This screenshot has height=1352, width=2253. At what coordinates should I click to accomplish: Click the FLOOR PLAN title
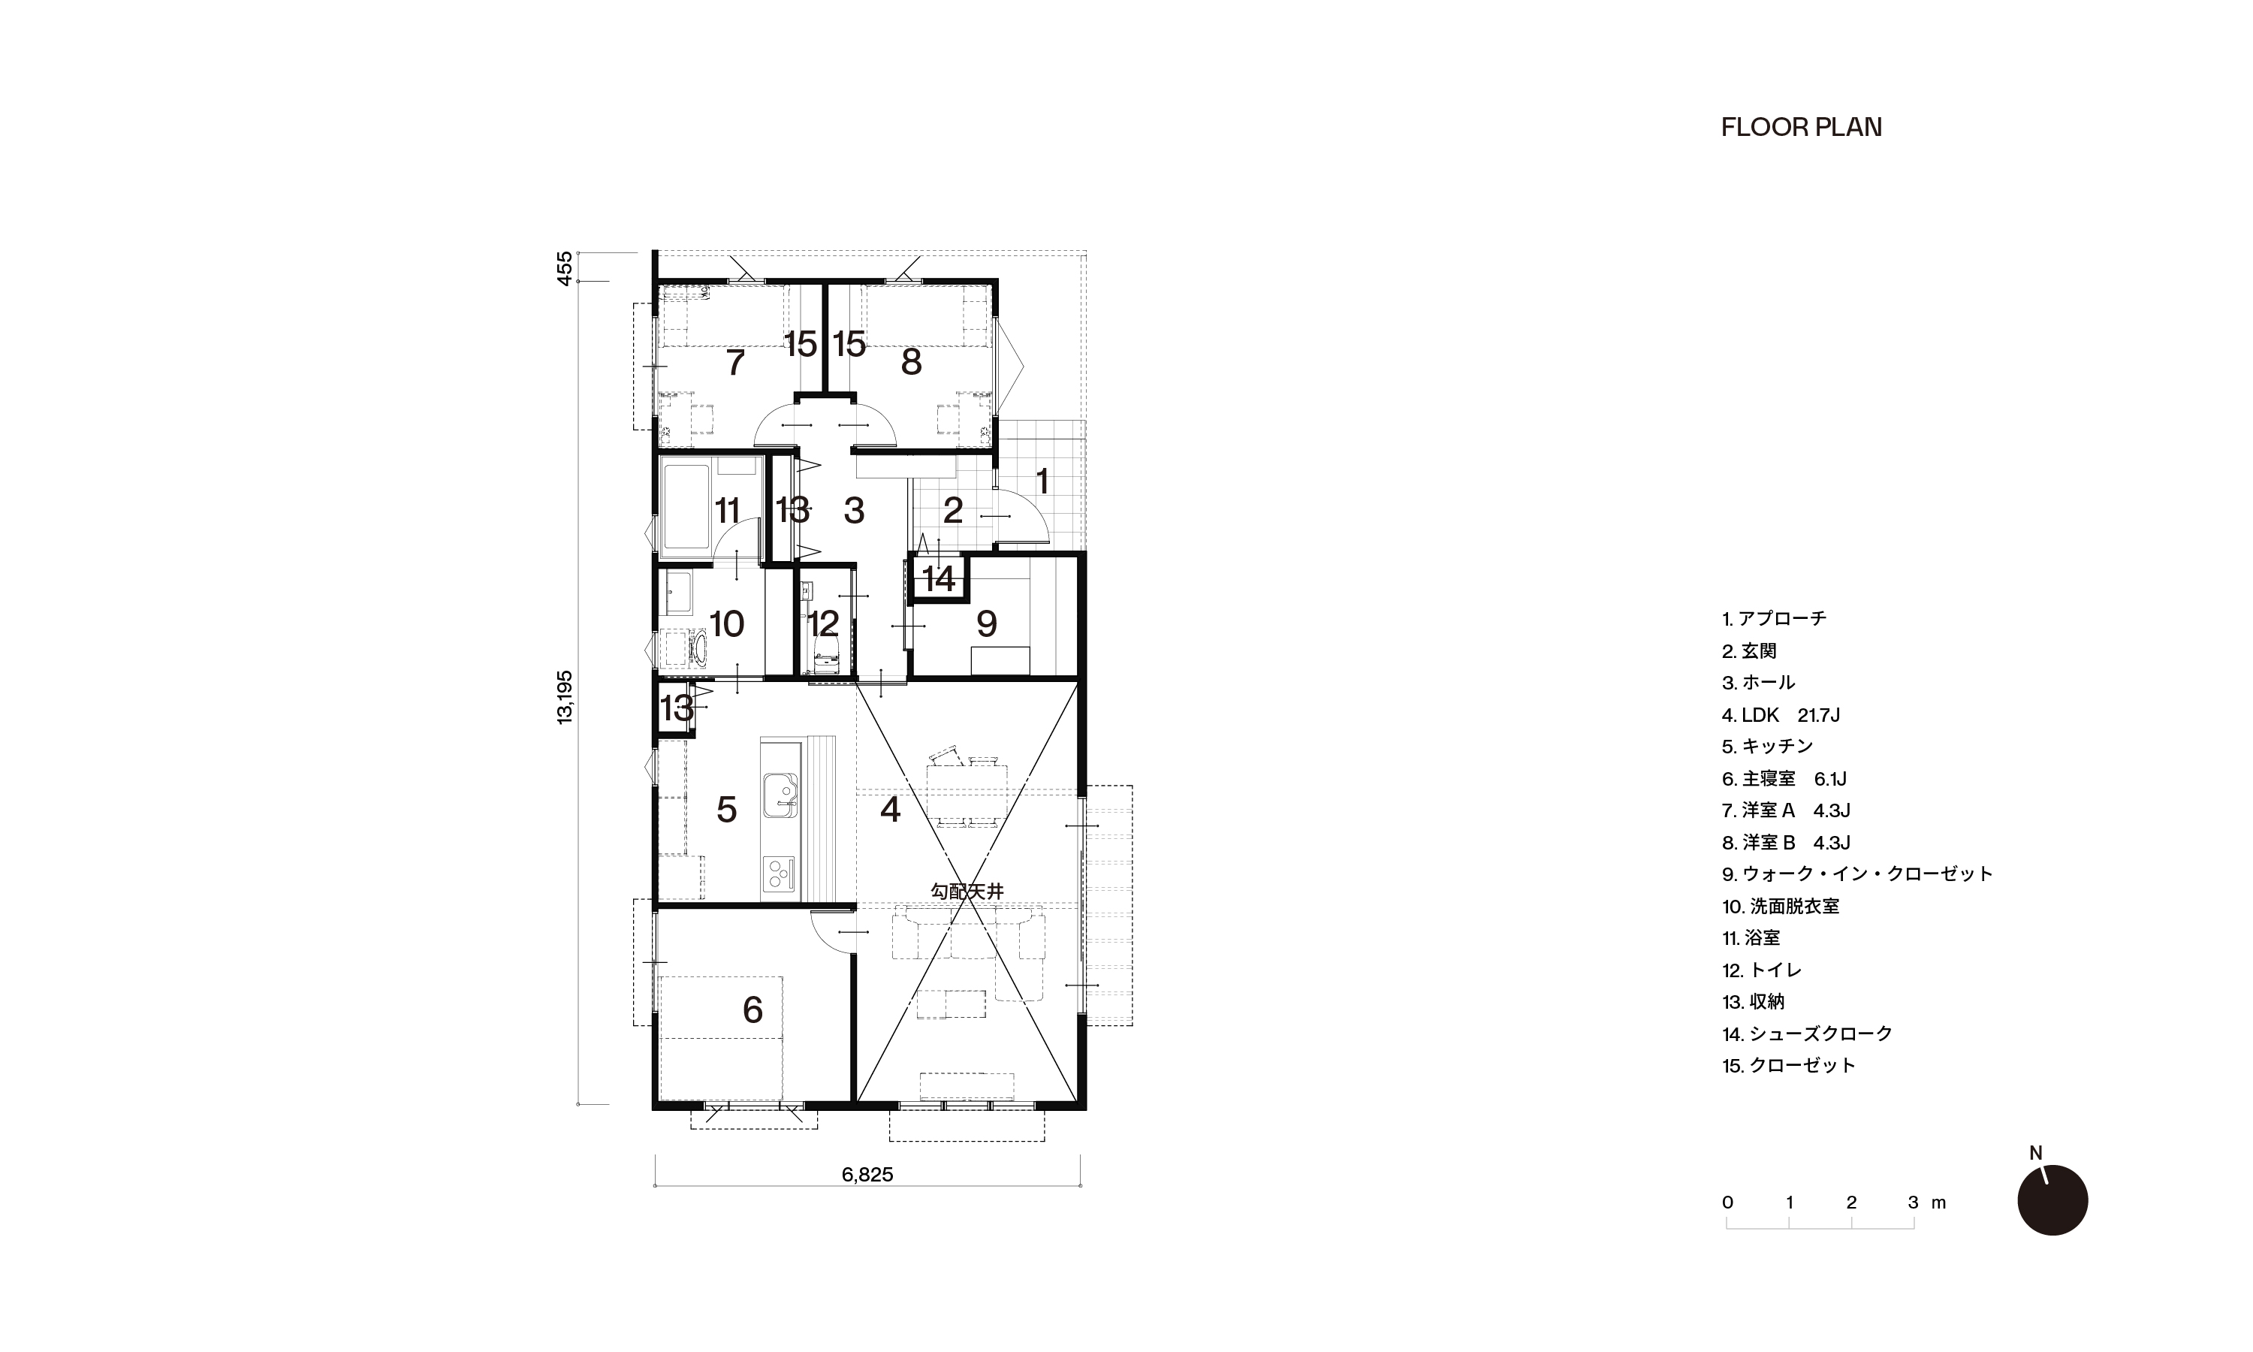[1802, 128]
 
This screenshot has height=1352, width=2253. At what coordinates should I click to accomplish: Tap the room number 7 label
[736, 363]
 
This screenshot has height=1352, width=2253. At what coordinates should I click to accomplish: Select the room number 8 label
[911, 363]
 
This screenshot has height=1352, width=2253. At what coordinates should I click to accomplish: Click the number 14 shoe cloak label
[939, 578]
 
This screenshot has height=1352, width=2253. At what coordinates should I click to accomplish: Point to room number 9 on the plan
[986, 624]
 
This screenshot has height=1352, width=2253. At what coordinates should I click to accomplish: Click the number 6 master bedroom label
[753, 1009]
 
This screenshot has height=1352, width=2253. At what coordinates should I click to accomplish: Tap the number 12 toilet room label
[823, 624]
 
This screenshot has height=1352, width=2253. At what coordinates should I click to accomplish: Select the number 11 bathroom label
[727, 511]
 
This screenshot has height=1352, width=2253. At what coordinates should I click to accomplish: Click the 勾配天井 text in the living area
[967, 892]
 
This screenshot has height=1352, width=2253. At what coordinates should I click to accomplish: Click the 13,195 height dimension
[566, 698]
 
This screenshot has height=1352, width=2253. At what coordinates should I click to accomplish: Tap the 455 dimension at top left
[566, 269]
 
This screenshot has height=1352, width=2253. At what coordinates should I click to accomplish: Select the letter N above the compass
[2036, 1154]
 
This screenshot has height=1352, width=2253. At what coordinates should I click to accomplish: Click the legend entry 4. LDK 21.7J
[1781, 715]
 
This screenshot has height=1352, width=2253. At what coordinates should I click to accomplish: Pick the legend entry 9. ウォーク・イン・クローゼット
[1858, 874]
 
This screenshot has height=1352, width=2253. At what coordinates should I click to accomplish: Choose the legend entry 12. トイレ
[1762, 970]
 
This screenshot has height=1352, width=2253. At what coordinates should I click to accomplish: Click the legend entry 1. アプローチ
[1774, 619]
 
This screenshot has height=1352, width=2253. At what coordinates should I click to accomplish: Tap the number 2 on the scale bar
[1851, 1203]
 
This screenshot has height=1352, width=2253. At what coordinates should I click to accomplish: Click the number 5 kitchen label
[727, 809]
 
